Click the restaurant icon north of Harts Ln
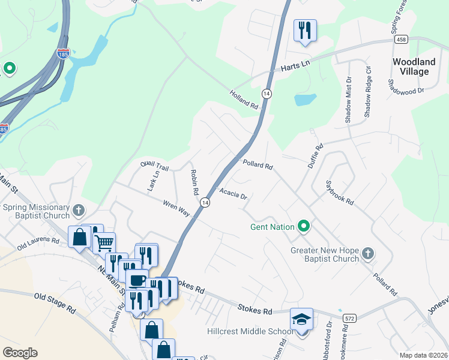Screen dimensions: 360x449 tap(305, 30)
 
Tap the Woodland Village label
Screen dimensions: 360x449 tap(414, 67)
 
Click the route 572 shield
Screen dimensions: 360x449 tap(349, 317)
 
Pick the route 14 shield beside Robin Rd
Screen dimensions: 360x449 tap(205, 203)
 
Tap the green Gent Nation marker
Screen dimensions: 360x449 tap(304, 227)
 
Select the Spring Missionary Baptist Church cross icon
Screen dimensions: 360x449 tap(78, 210)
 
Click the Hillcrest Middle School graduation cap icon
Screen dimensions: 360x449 tap(301, 318)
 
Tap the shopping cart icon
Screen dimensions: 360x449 tap(104, 243)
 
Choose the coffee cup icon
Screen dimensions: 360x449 tap(137, 280)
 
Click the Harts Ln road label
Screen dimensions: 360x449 tap(294, 69)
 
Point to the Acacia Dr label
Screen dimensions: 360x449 tap(234, 194)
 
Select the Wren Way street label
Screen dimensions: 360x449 tap(176, 208)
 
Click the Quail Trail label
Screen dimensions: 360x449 tap(155, 166)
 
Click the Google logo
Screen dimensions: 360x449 tap(20, 353)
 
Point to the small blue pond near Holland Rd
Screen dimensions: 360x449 tap(305, 99)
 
